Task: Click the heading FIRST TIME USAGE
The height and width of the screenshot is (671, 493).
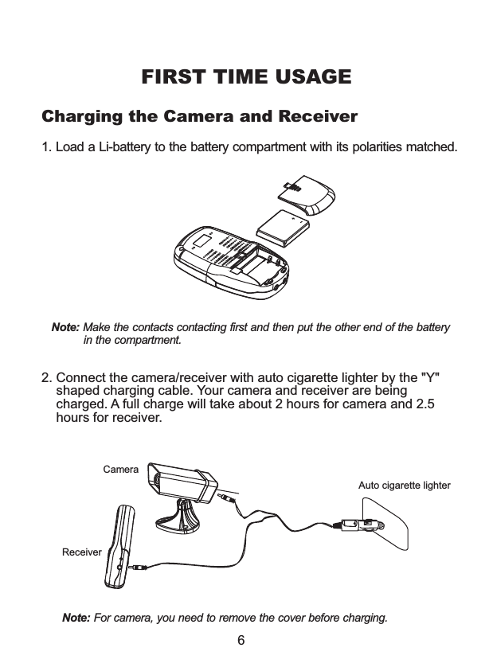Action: pyautogui.click(x=246, y=78)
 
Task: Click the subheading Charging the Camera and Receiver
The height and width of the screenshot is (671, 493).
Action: pyautogui.click(x=199, y=118)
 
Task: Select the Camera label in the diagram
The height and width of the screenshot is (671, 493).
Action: pyautogui.click(x=121, y=470)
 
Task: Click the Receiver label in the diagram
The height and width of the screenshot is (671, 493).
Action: pyautogui.click(x=82, y=552)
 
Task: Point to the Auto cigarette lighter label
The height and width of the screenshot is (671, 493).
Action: pyautogui.click(x=404, y=485)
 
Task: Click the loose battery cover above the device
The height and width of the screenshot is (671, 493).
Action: pyautogui.click(x=309, y=194)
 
